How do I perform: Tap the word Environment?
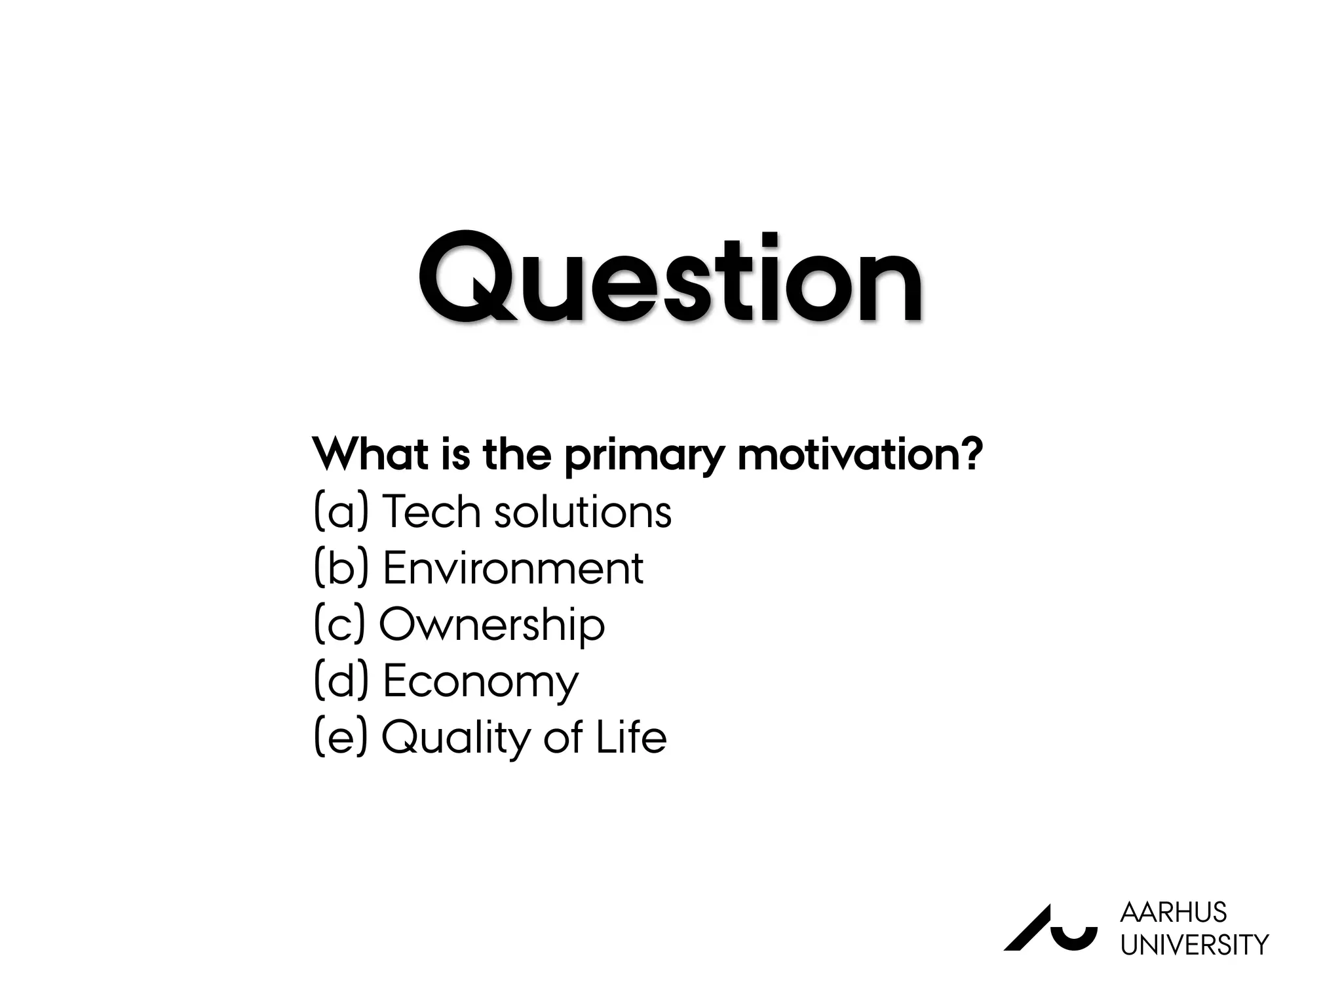512,568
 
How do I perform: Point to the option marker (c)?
339,624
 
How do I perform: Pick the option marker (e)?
341,737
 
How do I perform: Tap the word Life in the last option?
630,737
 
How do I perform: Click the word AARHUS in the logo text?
1173,913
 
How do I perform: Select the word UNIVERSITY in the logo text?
1194,945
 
